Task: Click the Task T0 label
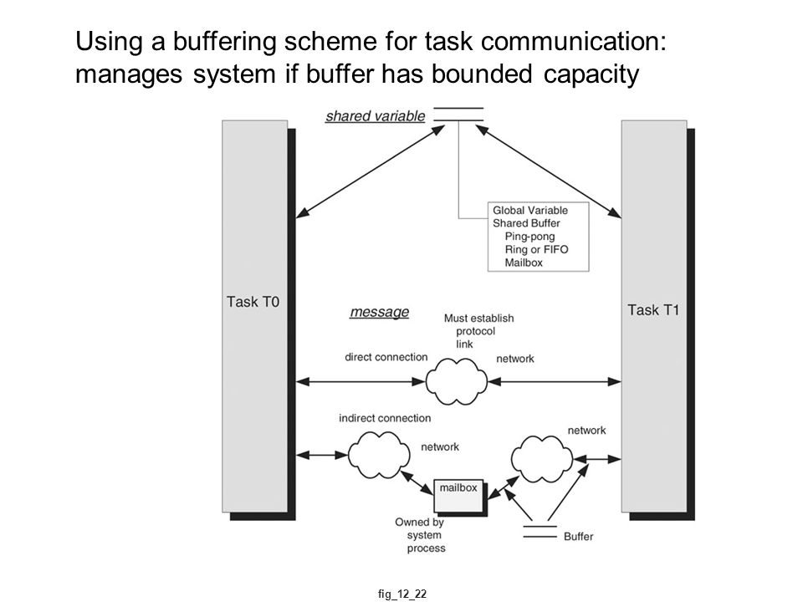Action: (253, 302)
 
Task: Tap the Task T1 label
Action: (653, 310)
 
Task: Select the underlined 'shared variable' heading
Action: (376, 116)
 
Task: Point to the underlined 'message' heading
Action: (380, 312)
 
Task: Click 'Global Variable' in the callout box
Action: (530, 211)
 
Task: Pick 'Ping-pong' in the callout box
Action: (529, 237)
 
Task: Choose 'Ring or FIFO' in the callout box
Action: (536, 249)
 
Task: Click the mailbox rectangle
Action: (459, 496)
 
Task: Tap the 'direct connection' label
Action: (386, 357)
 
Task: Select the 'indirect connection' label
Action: (385, 418)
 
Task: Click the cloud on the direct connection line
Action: (457, 381)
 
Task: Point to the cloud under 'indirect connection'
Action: (379, 455)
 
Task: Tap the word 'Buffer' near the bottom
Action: (578, 537)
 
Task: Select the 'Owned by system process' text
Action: (419, 535)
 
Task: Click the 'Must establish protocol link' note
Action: (478, 331)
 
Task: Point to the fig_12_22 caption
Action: (402, 594)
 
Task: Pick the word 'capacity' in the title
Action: (591, 74)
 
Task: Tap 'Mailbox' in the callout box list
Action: (524, 263)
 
